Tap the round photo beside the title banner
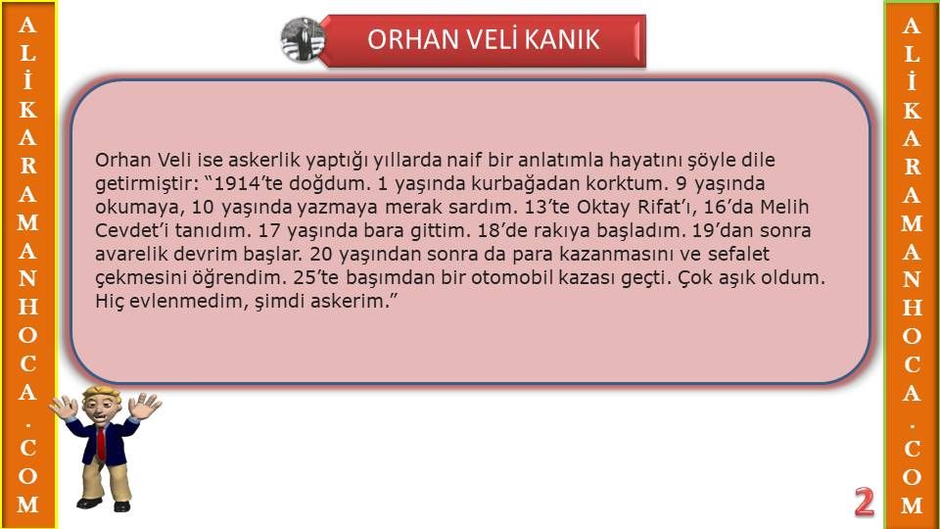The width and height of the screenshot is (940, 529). coord(303,39)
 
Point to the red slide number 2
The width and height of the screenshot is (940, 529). coord(864,502)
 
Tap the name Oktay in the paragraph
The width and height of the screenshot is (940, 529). coord(603,208)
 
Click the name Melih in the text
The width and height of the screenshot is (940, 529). coord(784,207)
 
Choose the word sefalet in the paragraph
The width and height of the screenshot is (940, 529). coord(738,255)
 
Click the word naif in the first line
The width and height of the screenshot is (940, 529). coord(464,160)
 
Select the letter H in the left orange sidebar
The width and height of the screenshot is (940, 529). coord(27,307)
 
